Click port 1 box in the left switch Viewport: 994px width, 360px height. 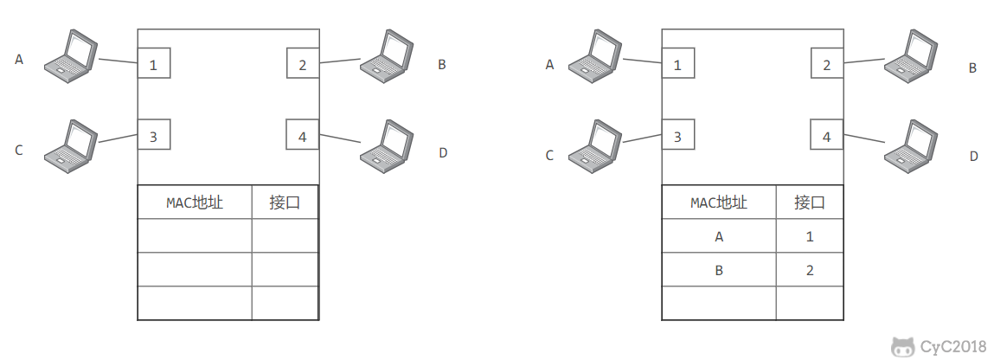pyautogui.click(x=154, y=63)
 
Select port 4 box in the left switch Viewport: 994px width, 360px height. pyautogui.click(x=303, y=134)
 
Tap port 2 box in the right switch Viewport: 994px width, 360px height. pyautogui.click(x=827, y=63)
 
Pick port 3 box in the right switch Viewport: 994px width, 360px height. pyautogui.click(x=677, y=134)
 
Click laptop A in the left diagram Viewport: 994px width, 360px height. pyautogui.click(x=70, y=55)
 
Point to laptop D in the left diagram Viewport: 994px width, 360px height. pyautogui.click(x=387, y=146)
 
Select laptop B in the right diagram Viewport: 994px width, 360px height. pyautogui.click(x=911, y=55)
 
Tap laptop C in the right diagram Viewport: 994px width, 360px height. pyautogui.click(x=594, y=146)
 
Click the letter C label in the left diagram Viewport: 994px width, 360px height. pyautogui.click(x=19, y=151)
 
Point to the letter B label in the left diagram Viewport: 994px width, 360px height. pyautogui.click(x=442, y=65)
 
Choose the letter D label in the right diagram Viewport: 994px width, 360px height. pyautogui.click(x=974, y=156)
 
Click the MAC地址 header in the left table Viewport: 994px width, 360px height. pyautogui.click(x=195, y=202)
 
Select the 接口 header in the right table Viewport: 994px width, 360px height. pyautogui.click(x=810, y=202)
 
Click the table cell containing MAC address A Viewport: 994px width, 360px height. pyautogui.click(x=719, y=236)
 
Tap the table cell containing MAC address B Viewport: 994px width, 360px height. pyautogui.click(x=719, y=270)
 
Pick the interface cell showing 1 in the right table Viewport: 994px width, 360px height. pyautogui.click(x=810, y=236)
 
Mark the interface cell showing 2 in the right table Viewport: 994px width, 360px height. pyautogui.click(x=810, y=270)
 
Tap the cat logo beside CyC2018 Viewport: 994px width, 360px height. pyautogui.click(x=902, y=347)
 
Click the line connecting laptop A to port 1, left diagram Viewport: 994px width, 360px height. pyautogui.click(x=118, y=61)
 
